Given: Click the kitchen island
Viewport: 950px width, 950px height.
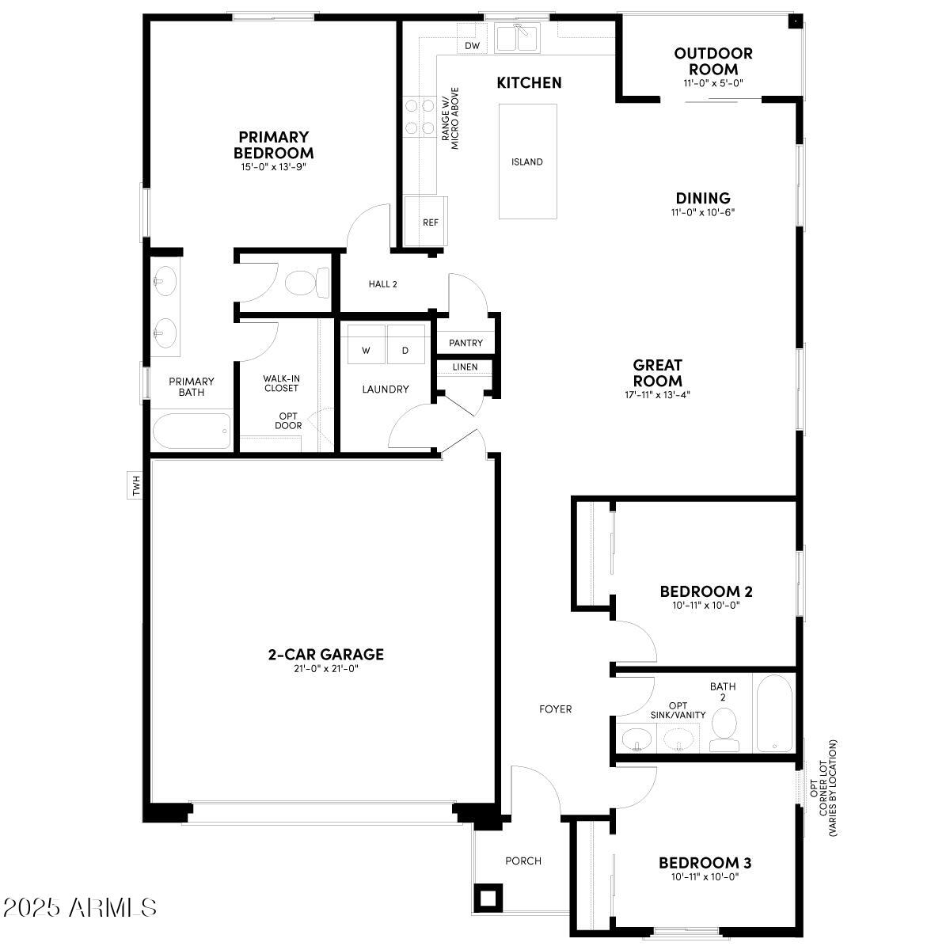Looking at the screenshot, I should coord(527,161).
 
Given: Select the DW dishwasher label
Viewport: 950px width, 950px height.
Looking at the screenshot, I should coord(473,46).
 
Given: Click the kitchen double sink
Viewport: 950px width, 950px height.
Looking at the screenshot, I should coord(516,38).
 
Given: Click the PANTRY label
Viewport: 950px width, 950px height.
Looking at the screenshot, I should coord(465,344).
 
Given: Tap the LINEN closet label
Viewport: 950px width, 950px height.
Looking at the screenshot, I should coord(465,367).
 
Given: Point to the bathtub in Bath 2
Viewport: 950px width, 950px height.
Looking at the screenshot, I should coord(773,712).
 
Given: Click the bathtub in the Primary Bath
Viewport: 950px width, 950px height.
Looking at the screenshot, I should coord(192,431).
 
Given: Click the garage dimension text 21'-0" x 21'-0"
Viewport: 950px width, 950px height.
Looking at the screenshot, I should coord(325,669).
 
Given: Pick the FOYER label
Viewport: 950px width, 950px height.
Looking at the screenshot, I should coord(555,709).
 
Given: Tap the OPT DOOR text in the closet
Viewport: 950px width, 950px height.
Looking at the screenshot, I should coord(288,420).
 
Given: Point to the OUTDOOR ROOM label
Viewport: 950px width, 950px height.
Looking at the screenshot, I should coord(713,61).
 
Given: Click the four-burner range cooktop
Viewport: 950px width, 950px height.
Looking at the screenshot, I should coord(419,116).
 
